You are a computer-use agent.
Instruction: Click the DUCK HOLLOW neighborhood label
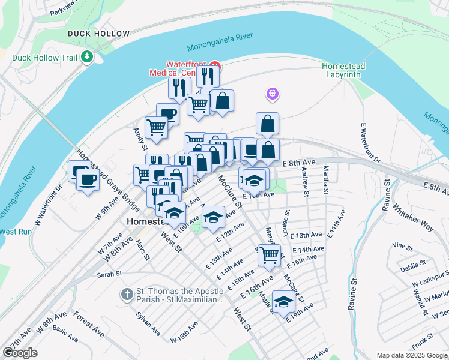pyautogui.click(x=98, y=34)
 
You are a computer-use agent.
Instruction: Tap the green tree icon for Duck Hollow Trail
pyautogui.click(x=88, y=58)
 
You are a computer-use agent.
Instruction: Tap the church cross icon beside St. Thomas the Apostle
pyautogui.click(x=127, y=294)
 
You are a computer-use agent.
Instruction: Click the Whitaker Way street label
pyautogui.click(x=413, y=217)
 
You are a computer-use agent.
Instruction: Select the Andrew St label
pyautogui.click(x=306, y=182)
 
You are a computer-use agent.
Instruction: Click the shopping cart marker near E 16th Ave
pyautogui.click(x=269, y=254)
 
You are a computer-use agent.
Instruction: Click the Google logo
pyautogui.click(x=20, y=353)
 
